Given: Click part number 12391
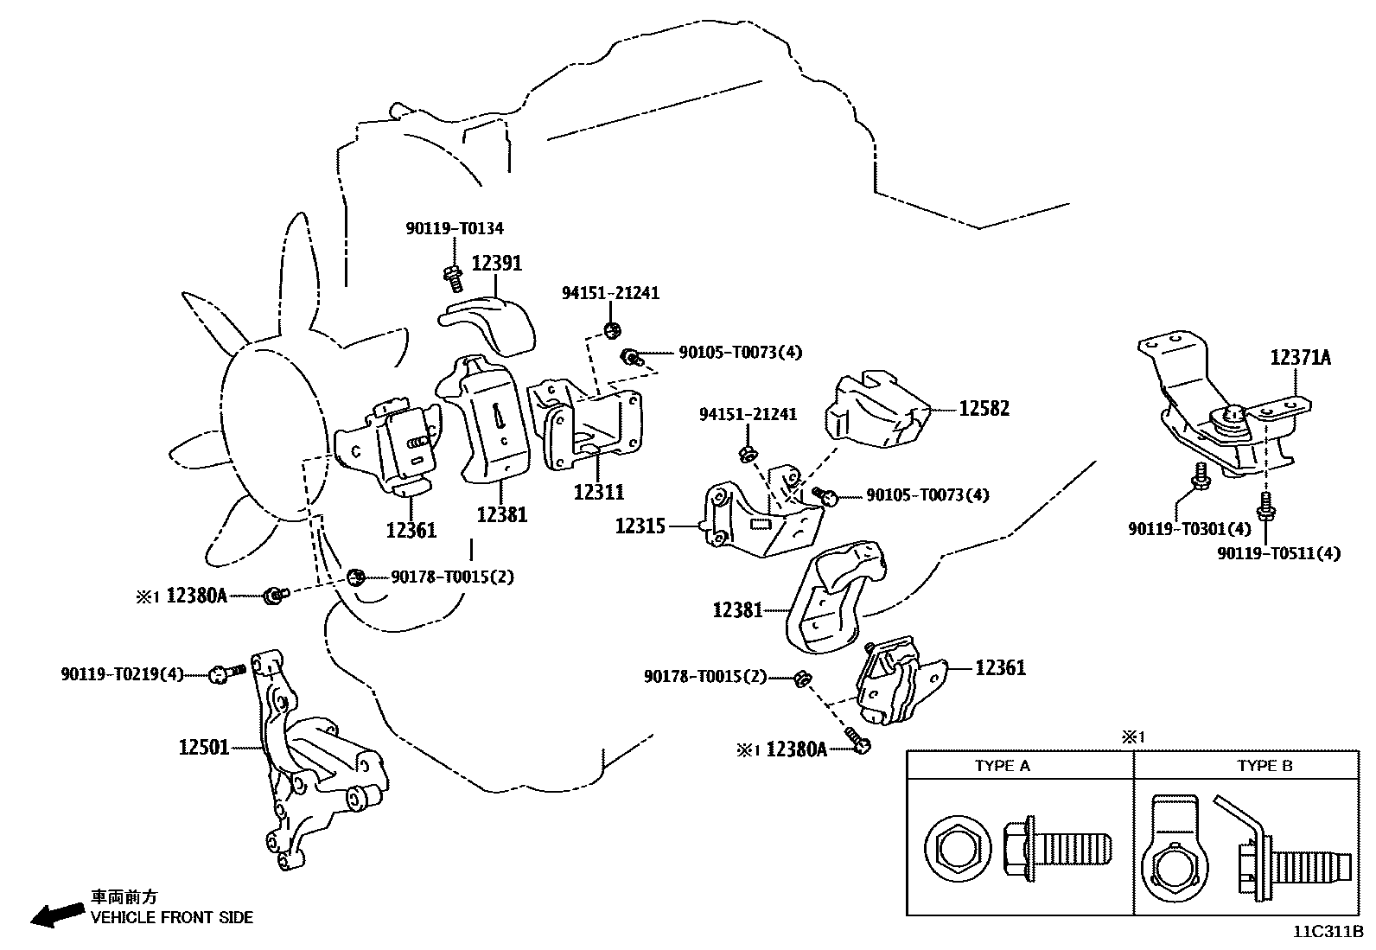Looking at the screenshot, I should pyautogui.click(x=496, y=263).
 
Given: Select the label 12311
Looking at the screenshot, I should pyautogui.click(x=598, y=492).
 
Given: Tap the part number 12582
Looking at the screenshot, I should pyautogui.click(x=984, y=408).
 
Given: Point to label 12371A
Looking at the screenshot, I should pyautogui.click(x=1300, y=357).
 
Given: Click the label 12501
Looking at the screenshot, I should pyautogui.click(x=204, y=746).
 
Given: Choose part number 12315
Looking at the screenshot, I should pyautogui.click(x=640, y=525).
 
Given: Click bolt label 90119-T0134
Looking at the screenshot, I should pyautogui.click(x=454, y=228).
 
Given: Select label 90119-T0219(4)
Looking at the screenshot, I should pyautogui.click(x=122, y=673).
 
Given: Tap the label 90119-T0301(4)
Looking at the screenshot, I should pyautogui.click(x=1188, y=527).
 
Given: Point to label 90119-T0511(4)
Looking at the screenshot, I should pyautogui.click(x=1278, y=552).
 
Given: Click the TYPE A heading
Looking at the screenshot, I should pyautogui.click(x=1002, y=766).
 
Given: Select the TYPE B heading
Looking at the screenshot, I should pyautogui.click(x=1264, y=766).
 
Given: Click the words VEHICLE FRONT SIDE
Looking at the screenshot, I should pyautogui.click(x=172, y=918).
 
